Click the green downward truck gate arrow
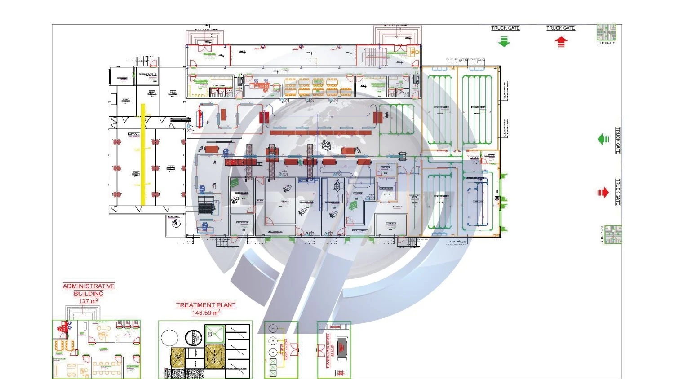coord(505,41)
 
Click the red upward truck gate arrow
coord(561,42)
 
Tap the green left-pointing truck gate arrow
coord(603,139)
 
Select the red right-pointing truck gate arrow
coord(603,193)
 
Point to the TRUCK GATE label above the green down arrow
coord(505,28)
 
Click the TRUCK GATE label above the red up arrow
coord(560,28)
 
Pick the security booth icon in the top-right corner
coord(606,32)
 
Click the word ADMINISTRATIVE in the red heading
coord(89,286)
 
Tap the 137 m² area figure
coord(88,301)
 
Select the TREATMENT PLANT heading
coord(206,305)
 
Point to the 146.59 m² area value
coord(206,313)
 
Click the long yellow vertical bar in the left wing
coord(143,155)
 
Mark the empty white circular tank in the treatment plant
coord(169,338)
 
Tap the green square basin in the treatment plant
coord(214,334)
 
